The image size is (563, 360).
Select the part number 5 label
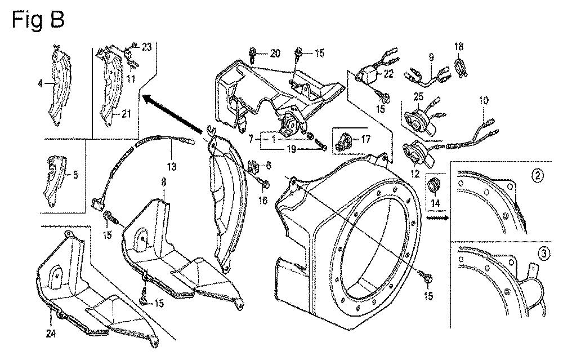(76, 175)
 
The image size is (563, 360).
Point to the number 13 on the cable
(171, 166)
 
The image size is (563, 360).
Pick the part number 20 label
(274, 54)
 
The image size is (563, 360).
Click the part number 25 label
(418, 97)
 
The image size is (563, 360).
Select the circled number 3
(544, 254)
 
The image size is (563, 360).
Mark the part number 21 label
(126, 114)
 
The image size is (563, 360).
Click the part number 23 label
(146, 48)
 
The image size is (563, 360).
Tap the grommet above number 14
(434, 184)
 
